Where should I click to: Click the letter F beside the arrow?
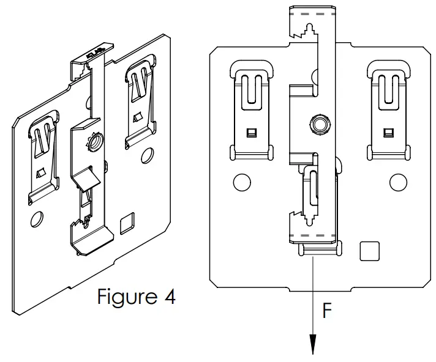[x=328, y=311]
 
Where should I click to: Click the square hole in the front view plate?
[x=369, y=251]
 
